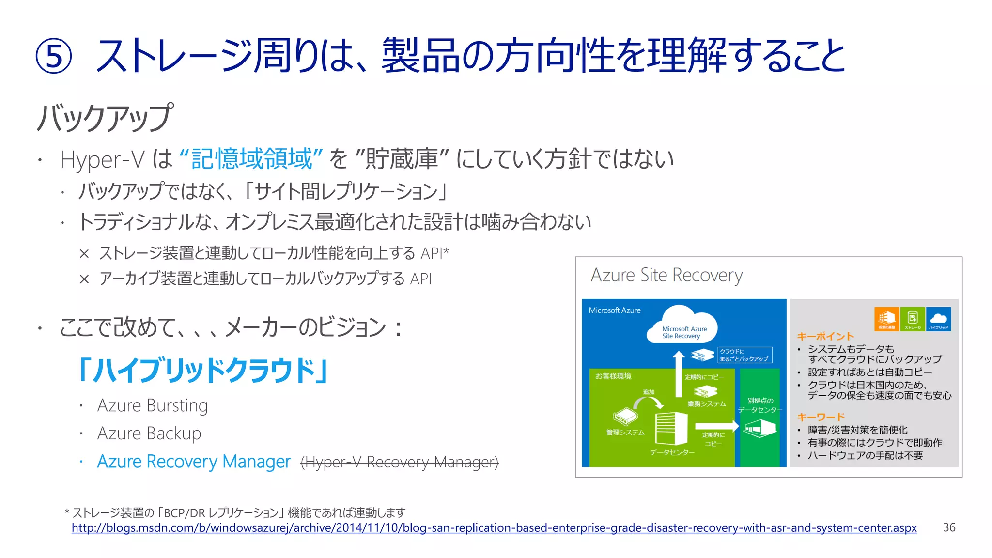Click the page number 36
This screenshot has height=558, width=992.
[949, 527]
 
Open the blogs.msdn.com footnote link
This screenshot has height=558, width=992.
[494, 528]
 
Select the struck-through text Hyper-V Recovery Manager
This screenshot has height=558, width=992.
[400, 462]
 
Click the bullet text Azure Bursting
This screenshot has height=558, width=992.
[153, 405]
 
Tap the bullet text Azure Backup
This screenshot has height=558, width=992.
[149, 434]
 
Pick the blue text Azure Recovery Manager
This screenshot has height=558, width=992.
[194, 462]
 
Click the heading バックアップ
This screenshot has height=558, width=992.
[105, 118]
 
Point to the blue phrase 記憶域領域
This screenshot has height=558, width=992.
[251, 159]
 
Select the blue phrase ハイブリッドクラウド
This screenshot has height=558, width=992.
[204, 370]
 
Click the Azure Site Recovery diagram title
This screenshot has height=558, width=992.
[666, 275]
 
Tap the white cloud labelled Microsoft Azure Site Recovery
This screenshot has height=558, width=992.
[683, 325]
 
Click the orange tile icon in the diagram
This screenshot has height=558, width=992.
[886, 319]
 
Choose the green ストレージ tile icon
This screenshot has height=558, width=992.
[913, 319]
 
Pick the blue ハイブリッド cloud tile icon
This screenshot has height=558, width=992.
[938, 319]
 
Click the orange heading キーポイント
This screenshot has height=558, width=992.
[825, 336]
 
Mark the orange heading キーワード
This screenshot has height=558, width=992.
[821, 417]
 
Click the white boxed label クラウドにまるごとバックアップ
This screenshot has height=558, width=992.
[744, 355]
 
